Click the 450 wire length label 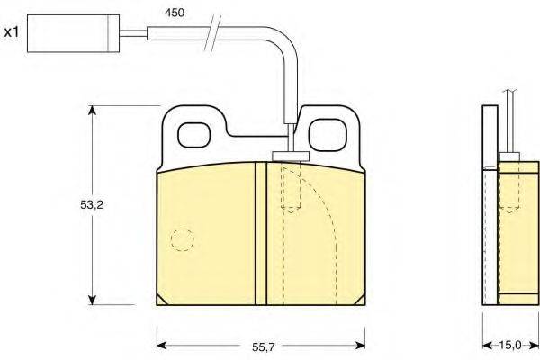[175, 13]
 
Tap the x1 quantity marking [12, 32]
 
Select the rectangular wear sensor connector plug [74, 33]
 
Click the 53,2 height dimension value [92, 205]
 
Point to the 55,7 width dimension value [264, 347]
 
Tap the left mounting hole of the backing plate [193, 135]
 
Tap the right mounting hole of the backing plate [328, 135]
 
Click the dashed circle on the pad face [183, 239]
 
